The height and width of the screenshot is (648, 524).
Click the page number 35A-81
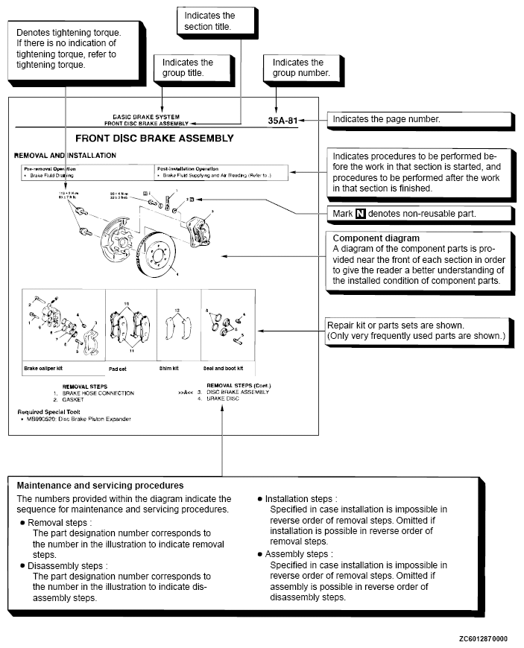coord(287,119)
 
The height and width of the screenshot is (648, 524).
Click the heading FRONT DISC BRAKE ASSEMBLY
coord(154,139)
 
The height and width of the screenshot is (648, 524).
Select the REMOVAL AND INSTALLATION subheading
coord(66,156)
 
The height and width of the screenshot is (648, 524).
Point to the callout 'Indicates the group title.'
coord(188,68)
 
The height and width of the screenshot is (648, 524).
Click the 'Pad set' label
coord(118,368)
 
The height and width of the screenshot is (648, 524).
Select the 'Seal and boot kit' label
coord(224,368)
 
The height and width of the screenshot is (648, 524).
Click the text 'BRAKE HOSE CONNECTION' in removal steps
coord(98,393)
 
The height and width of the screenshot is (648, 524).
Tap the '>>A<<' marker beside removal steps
coord(187,393)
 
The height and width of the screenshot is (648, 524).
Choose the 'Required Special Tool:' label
coord(45,411)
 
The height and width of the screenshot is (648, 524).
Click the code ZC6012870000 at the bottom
coord(483,639)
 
